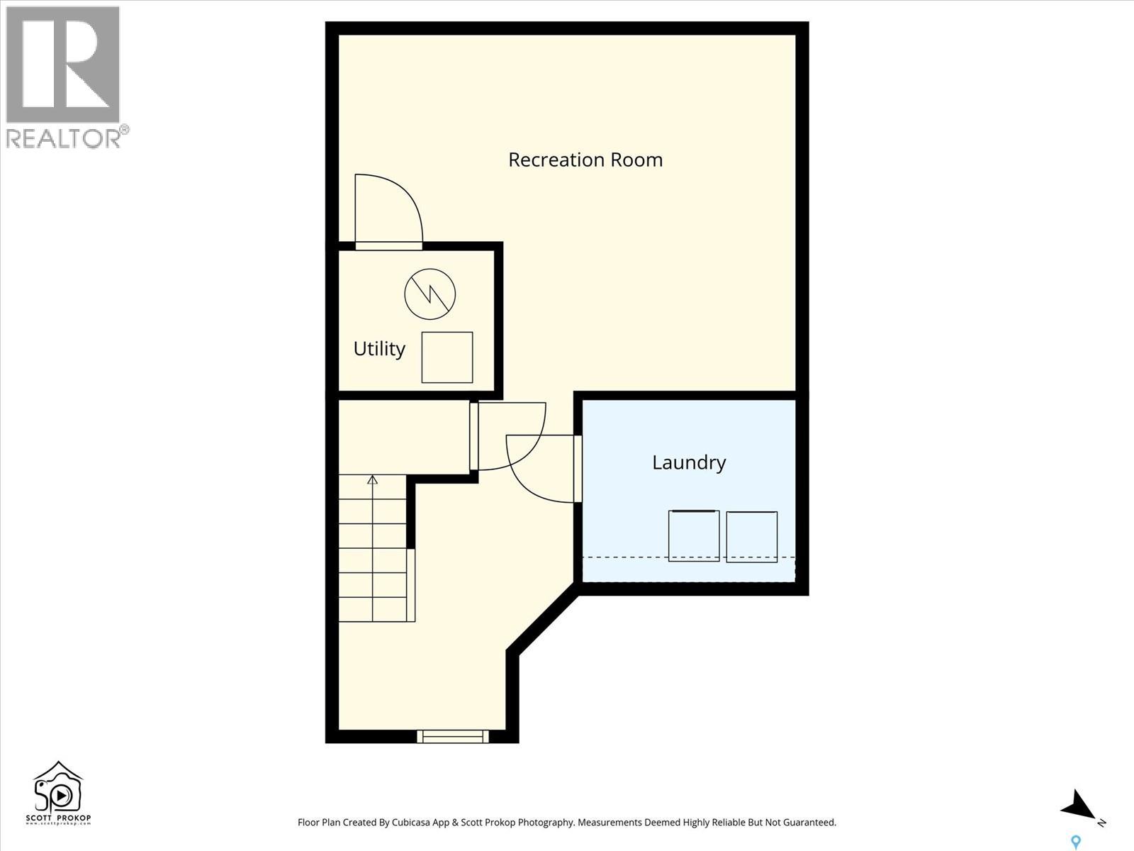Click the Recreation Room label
(585, 160)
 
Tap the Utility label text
(379, 349)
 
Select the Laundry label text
(689, 462)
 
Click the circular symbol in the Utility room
(430, 294)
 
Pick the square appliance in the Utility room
(447, 357)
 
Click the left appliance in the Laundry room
(694, 535)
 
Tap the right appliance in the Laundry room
(752, 536)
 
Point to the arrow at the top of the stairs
(373, 480)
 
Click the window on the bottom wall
(453, 736)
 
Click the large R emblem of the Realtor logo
(62, 65)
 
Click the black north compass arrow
(1079, 806)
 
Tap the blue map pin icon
(1076, 842)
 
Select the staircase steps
(373, 550)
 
